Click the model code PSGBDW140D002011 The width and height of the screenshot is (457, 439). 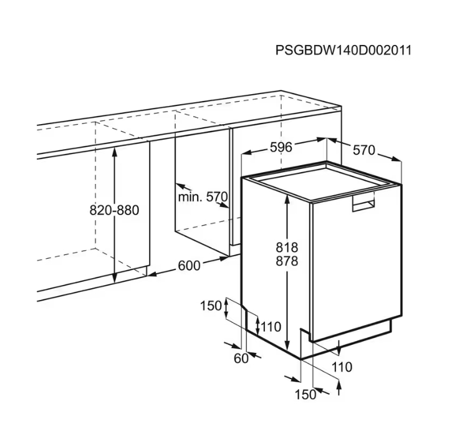tap(344, 50)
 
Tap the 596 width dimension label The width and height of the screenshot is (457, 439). tap(281, 147)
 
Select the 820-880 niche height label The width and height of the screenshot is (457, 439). tap(114, 210)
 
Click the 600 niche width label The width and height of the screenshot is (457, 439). tap(189, 266)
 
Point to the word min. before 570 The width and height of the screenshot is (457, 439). tap(190, 197)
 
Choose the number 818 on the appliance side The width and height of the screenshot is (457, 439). tap(287, 248)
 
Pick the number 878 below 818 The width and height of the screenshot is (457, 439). tap(287, 261)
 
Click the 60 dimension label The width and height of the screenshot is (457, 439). tap(241, 359)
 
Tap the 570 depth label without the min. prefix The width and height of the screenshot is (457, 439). tap(364, 150)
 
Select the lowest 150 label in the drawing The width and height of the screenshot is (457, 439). tap(305, 395)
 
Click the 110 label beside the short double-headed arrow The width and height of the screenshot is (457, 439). tap(271, 327)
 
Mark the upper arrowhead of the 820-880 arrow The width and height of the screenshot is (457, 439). tap(115, 152)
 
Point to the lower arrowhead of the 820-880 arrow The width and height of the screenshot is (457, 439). tap(115, 278)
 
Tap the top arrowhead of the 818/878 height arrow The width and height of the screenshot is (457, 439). tap(287, 200)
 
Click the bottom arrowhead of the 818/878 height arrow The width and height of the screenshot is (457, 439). tap(287, 345)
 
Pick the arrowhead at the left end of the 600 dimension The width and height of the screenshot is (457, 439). tap(152, 274)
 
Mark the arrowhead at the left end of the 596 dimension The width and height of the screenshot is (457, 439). tap(246, 152)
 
